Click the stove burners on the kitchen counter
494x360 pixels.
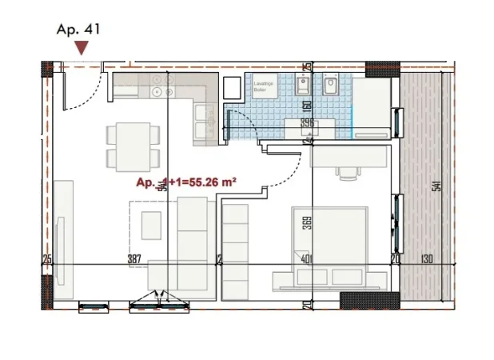click(163, 91)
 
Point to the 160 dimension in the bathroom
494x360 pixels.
click(307, 105)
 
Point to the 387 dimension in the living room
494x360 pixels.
click(134, 258)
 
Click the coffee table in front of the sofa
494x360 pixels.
click(151, 225)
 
